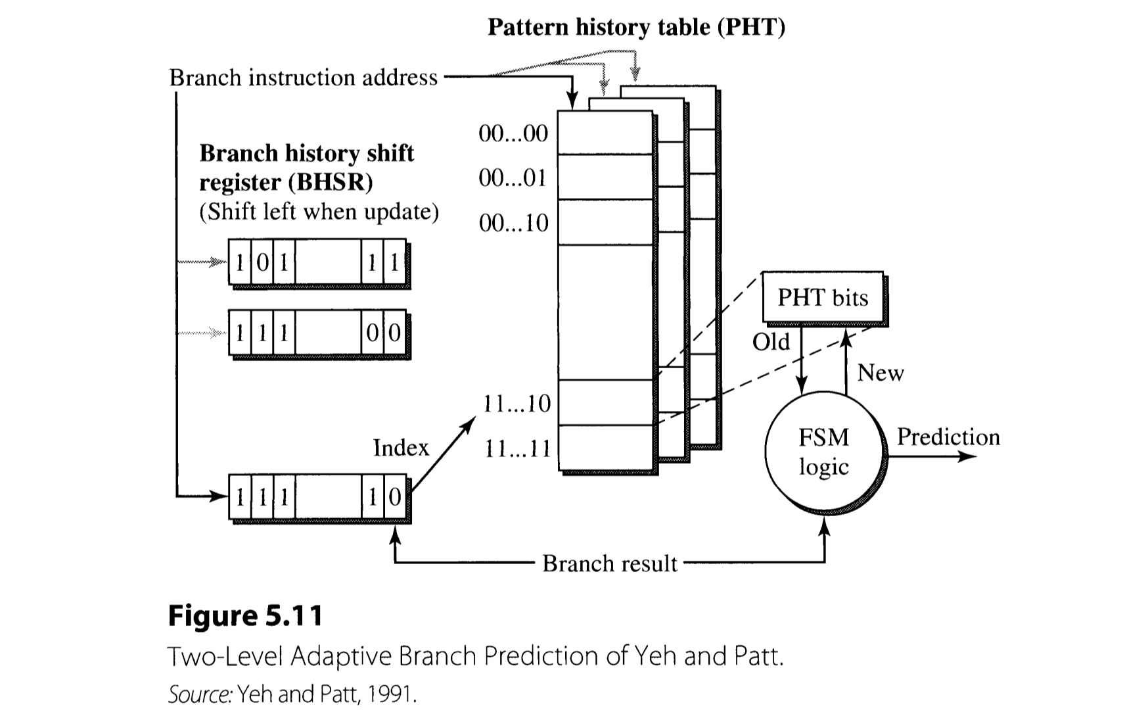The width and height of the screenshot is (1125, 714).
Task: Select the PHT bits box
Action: click(x=823, y=298)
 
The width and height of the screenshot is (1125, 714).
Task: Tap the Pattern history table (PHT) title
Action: click(x=636, y=27)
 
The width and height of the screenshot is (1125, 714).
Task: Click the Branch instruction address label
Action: click(x=303, y=78)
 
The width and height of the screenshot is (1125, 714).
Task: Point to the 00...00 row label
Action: click(x=513, y=133)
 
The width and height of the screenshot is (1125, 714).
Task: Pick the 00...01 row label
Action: click(x=513, y=178)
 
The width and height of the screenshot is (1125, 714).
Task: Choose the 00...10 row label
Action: click(x=513, y=224)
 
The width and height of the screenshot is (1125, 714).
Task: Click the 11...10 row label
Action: click(x=517, y=404)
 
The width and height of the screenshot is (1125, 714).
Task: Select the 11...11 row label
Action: click(x=517, y=449)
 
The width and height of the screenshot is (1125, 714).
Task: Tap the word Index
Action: click(x=401, y=448)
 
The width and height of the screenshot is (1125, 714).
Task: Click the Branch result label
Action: click(x=609, y=563)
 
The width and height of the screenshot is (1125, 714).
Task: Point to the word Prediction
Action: click(x=948, y=437)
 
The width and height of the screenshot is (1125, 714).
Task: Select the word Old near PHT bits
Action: click(x=771, y=342)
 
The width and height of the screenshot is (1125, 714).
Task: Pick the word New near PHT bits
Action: click(x=881, y=373)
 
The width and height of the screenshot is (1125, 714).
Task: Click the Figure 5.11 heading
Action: click(x=246, y=616)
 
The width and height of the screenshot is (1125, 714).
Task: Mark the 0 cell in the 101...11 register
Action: click(x=262, y=263)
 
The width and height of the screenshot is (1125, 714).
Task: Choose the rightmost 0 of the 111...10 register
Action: click(x=395, y=497)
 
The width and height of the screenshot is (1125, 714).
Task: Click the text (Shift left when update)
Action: click(x=319, y=212)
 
